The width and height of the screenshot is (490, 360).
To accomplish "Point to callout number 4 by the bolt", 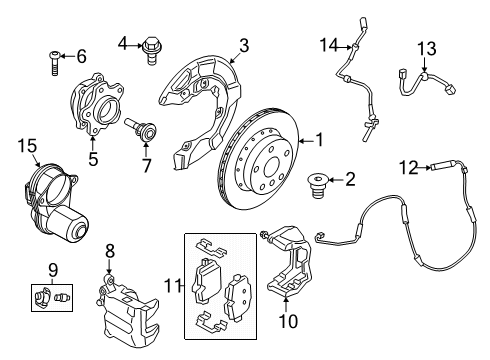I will point(123,42).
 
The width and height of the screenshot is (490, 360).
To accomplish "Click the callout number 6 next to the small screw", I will point(82,56).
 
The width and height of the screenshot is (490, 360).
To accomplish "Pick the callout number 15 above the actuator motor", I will point(27,147).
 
